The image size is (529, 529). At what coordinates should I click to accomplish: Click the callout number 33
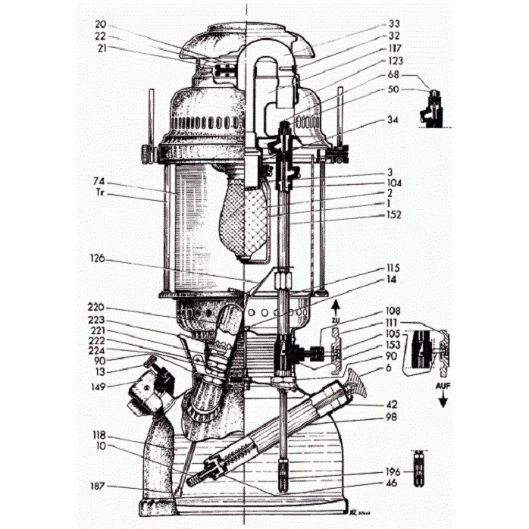coord(393,23)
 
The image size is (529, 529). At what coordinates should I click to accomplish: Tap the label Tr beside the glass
coord(99,195)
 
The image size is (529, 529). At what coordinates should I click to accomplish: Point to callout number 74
coord(99,183)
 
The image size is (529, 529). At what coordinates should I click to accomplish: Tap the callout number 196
coord(393,471)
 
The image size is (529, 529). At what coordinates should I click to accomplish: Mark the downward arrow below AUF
coord(442,400)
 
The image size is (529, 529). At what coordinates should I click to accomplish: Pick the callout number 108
coord(393,311)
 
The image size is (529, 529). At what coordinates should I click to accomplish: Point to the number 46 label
coord(393,482)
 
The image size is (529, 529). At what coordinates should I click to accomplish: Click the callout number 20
coord(101,23)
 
